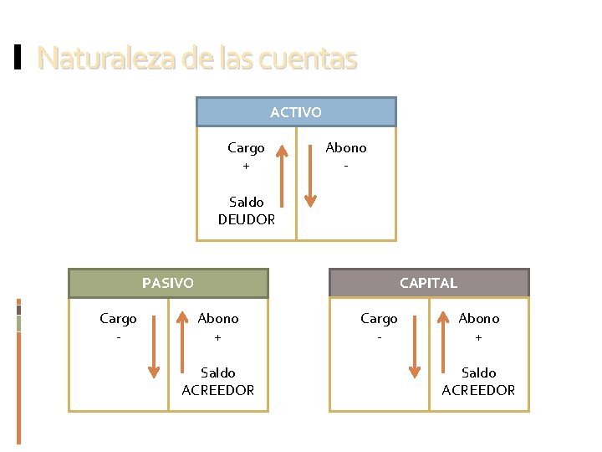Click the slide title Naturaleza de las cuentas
click(197, 59)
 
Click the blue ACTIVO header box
click(296, 111)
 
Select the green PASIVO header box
click(168, 283)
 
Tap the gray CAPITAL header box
click(429, 283)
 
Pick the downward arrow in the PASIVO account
click(154, 343)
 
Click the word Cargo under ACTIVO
click(246, 148)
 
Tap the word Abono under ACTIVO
click(346, 148)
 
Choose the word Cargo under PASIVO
click(118, 319)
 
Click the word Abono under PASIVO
click(218, 319)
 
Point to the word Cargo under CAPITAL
click(379, 319)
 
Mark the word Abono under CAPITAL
click(479, 319)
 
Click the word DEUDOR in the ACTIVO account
click(246, 219)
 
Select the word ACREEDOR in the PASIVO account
click(218, 390)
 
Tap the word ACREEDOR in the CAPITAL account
click(478, 390)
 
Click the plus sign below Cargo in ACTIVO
click(246, 166)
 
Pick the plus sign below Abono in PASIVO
click(218, 337)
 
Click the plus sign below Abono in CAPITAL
click(479, 337)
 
